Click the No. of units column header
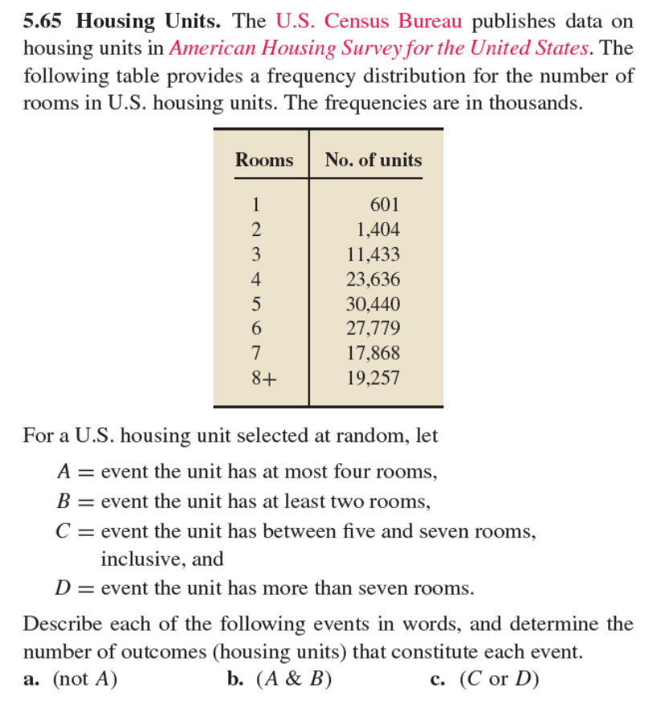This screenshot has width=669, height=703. coord(373,160)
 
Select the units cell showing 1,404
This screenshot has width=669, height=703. coord(378,230)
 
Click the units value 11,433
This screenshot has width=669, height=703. coord(373,254)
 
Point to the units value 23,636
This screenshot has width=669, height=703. coord(373,279)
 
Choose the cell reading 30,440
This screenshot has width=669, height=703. coord(373,304)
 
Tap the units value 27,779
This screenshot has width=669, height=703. coord(373,328)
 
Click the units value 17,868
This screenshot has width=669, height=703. coord(373,353)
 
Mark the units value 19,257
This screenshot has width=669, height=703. coord(373,378)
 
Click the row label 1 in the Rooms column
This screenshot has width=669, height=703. coord(256,205)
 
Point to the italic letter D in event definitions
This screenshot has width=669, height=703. coord(61,588)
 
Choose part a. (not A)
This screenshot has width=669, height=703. coord(71,679)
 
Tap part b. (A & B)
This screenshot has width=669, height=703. coord(279,679)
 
